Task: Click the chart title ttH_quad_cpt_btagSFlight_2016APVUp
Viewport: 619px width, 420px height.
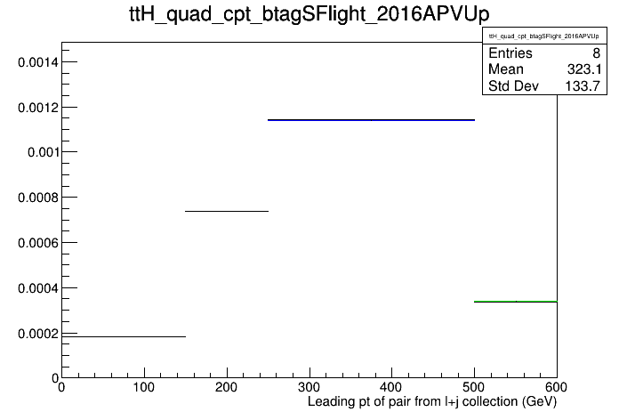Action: click(309, 14)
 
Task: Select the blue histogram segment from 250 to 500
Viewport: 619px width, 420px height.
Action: click(371, 120)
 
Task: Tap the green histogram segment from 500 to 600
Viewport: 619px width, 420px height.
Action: click(516, 302)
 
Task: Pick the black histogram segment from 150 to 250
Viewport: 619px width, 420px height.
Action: click(227, 211)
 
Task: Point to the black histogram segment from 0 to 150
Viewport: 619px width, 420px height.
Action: click(124, 336)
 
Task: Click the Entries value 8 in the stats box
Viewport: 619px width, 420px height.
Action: click(596, 52)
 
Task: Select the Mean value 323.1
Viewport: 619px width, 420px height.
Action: click(584, 69)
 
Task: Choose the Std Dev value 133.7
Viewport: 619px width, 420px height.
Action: click(583, 85)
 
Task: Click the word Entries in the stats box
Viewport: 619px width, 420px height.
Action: click(510, 52)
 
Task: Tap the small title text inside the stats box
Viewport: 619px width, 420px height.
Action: click(544, 36)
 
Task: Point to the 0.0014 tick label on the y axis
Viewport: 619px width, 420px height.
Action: click(38, 62)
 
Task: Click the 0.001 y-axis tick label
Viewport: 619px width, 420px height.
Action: click(43, 152)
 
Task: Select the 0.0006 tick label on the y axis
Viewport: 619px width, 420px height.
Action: click(38, 243)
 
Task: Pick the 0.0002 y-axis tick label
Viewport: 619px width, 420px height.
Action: click(38, 334)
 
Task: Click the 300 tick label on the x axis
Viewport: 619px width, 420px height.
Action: click(309, 387)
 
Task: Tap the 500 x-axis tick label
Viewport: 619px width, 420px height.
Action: click(474, 387)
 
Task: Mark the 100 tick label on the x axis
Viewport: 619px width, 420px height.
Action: click(144, 387)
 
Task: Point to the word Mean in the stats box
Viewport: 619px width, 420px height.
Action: click(506, 69)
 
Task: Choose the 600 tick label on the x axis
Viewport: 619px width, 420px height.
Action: click(556, 387)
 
